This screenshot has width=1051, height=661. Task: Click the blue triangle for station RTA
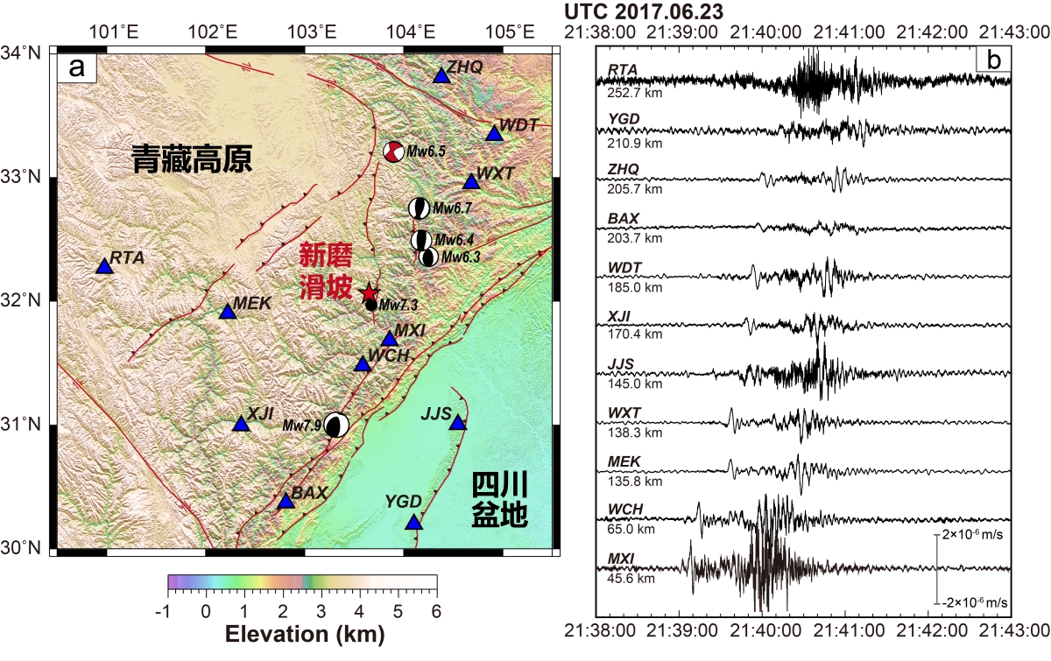(104, 266)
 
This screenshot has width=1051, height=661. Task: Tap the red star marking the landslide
(370, 292)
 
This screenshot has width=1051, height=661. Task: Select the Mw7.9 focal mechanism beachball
(336, 425)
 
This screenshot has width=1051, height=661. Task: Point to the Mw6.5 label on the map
(427, 151)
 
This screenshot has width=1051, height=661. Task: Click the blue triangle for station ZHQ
(441, 76)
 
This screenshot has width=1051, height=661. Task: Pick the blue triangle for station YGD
(413, 523)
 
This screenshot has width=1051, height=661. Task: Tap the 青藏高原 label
(192, 159)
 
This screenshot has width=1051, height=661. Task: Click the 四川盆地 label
(499, 500)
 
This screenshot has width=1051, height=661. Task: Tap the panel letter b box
(994, 60)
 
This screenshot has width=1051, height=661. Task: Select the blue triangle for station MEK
(228, 312)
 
